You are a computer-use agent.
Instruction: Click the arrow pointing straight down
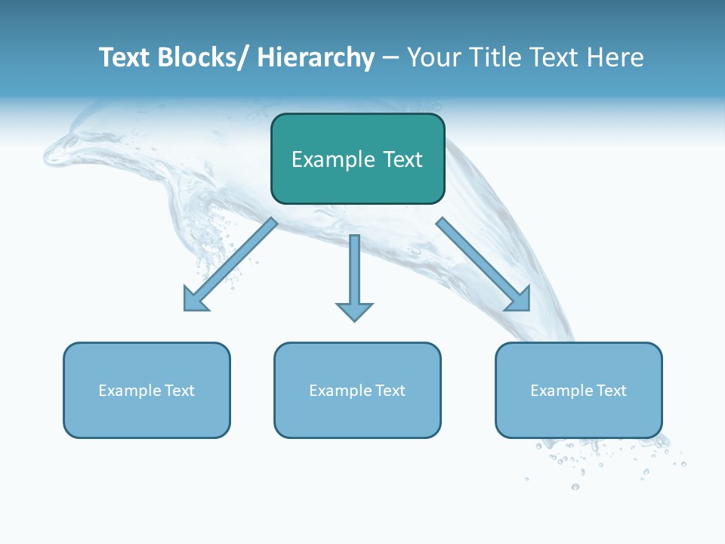click(x=354, y=276)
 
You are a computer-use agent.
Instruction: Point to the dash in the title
click(x=390, y=58)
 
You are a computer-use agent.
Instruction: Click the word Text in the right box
click(x=611, y=391)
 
